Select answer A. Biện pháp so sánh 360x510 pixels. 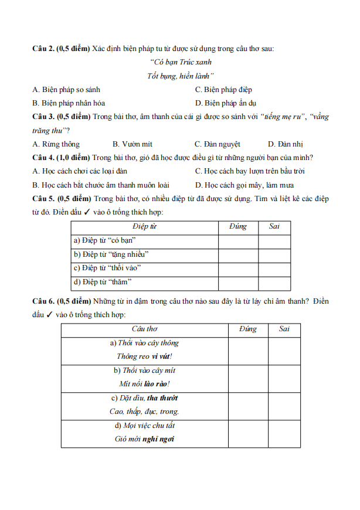click(66, 90)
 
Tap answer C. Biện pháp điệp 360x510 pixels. click(223, 90)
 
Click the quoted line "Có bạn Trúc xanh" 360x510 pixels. click(181, 62)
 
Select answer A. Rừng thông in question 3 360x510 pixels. click(56, 144)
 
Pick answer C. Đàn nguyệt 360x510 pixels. click(217, 144)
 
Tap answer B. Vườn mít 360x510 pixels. click(132, 144)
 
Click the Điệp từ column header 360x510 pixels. click(144, 226)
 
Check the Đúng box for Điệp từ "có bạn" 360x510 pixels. click(238, 240)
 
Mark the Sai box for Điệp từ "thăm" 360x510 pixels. click(274, 283)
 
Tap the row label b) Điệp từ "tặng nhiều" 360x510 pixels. click(111, 254)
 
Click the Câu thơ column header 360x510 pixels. click(144, 329)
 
